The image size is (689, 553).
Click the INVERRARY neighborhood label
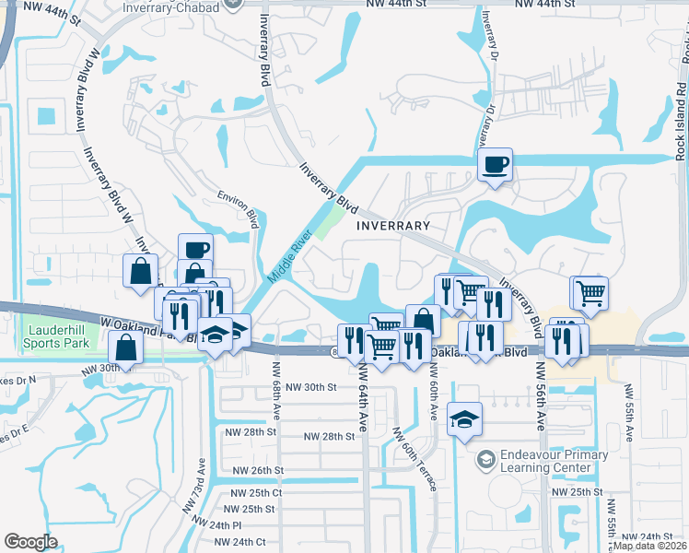[x=393, y=226]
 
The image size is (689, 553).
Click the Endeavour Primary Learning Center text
[x=554, y=461]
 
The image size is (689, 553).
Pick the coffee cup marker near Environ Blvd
[x=195, y=249]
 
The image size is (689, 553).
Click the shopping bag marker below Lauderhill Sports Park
[x=124, y=348]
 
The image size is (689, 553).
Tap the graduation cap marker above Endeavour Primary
[x=464, y=418]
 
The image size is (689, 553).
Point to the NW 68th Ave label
[x=275, y=369]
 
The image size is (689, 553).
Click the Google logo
[x=30, y=542]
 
